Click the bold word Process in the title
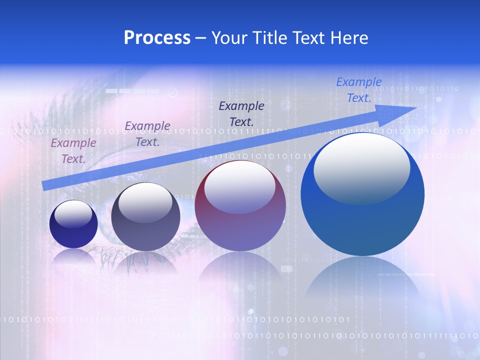[157, 37]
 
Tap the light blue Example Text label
[359, 90]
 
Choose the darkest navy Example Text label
[241, 113]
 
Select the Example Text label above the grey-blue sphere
[147, 133]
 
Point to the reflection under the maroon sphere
[240, 272]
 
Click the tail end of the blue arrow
[46, 185]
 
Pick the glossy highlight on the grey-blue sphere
[145, 202]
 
